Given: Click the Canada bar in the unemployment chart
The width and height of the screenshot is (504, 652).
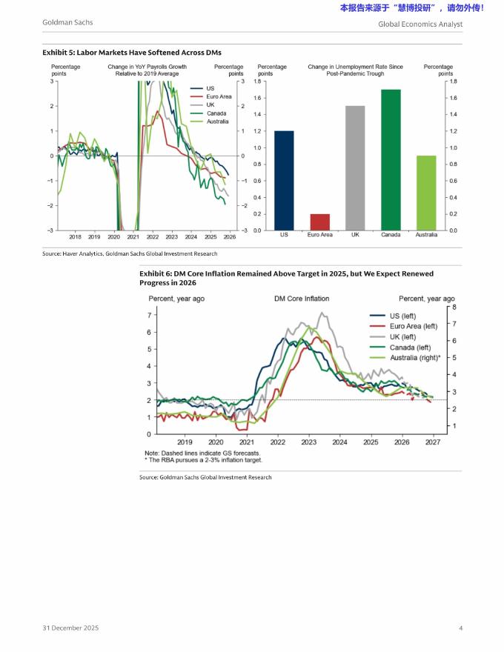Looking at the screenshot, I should pyautogui.click(x=391, y=159).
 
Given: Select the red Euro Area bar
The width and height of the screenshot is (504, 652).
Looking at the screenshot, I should pyautogui.click(x=319, y=222).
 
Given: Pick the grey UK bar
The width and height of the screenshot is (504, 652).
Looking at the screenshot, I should pyautogui.click(x=355, y=167).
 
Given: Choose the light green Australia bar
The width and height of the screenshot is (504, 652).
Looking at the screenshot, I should pyautogui.click(x=426, y=193).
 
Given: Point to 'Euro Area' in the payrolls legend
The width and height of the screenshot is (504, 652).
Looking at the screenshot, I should pyautogui.click(x=219, y=96).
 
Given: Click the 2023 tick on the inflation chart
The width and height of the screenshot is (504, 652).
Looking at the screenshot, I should pyautogui.click(x=308, y=442).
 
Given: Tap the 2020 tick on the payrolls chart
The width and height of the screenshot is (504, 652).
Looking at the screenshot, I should pyautogui.click(x=113, y=237).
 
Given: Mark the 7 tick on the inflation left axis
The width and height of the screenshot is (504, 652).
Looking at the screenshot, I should pyautogui.click(x=150, y=315).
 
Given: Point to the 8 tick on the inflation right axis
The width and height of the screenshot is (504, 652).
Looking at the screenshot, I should pyautogui.click(x=454, y=307).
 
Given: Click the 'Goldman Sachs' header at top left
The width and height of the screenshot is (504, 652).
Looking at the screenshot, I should pyautogui.click(x=67, y=23).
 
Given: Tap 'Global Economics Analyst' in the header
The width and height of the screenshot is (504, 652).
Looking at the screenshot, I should pyautogui.click(x=420, y=24).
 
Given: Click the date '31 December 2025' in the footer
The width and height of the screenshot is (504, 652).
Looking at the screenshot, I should pyautogui.click(x=70, y=628).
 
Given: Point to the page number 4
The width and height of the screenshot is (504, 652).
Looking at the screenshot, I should pyautogui.click(x=460, y=628).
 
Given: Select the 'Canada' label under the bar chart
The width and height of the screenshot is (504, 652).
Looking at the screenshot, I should pyautogui.click(x=391, y=235).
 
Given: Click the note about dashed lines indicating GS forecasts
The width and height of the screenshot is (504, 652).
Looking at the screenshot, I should pyautogui.click(x=202, y=453).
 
